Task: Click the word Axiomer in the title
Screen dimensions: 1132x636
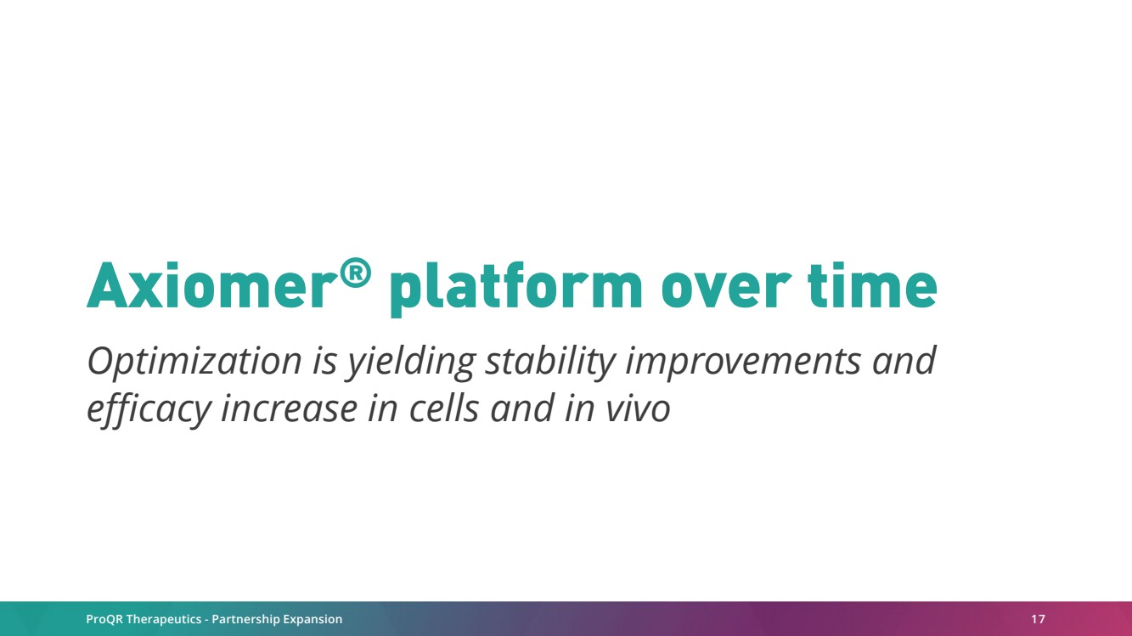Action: click(211, 285)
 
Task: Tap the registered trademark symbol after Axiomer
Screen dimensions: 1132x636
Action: click(355, 273)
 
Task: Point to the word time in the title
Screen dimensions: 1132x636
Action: click(872, 285)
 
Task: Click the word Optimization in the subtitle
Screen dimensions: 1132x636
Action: click(194, 363)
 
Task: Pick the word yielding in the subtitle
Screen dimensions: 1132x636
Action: click(410, 363)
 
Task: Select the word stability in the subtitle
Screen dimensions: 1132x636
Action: click(549, 363)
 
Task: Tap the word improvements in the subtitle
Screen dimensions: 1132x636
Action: click(743, 363)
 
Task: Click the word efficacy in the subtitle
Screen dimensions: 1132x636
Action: click(149, 409)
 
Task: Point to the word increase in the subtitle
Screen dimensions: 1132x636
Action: click(289, 409)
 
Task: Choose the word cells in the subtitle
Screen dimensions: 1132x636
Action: click(443, 408)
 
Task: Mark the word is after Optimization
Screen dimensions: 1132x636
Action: click(324, 363)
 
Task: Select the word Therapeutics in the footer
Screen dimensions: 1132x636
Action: click(164, 620)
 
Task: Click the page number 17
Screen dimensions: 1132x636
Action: click(1038, 619)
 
